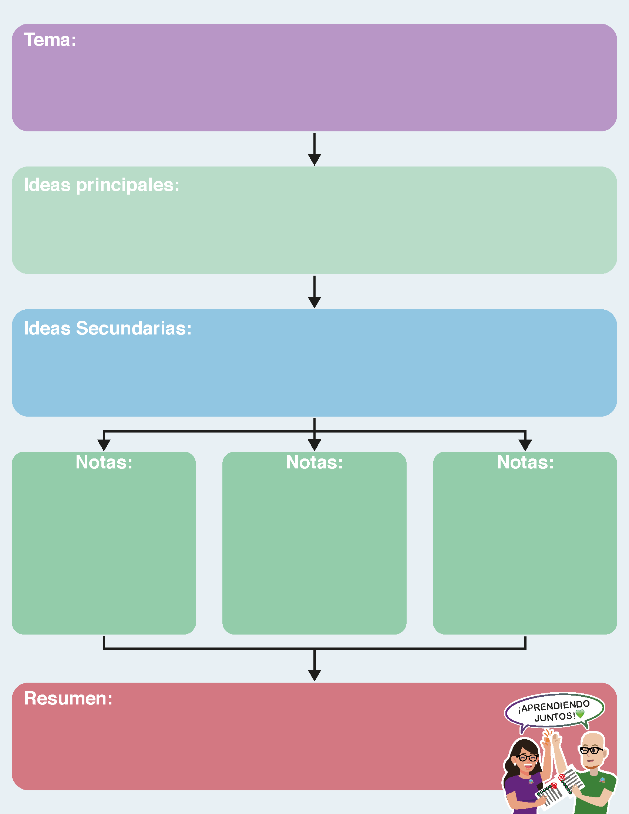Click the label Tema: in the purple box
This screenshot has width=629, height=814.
pyautogui.click(x=50, y=40)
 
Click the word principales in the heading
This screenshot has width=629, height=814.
pyautogui.click(x=128, y=185)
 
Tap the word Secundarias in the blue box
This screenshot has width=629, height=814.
pyautogui.click(x=134, y=328)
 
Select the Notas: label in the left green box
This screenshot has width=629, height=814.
pyautogui.click(x=104, y=462)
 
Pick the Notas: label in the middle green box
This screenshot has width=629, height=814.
pyautogui.click(x=314, y=462)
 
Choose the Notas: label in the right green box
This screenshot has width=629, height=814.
pyautogui.click(x=525, y=462)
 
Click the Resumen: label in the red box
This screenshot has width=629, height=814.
pyautogui.click(x=68, y=698)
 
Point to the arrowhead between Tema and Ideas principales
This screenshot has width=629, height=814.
pyautogui.click(x=314, y=160)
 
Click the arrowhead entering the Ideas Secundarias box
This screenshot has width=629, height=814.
pyautogui.click(x=314, y=302)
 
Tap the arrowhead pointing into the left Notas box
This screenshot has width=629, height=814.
pyautogui.click(x=104, y=445)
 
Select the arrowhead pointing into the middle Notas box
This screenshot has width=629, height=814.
pyautogui.click(x=314, y=445)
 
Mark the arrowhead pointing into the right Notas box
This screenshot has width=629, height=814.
pyautogui.click(x=525, y=445)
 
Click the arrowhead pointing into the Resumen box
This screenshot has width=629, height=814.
pyautogui.click(x=314, y=675)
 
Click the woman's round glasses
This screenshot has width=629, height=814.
pyautogui.click(x=527, y=758)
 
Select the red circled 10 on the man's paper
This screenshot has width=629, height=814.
pyautogui.click(x=562, y=777)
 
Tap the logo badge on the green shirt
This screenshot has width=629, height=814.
pyautogui.click(x=602, y=780)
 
